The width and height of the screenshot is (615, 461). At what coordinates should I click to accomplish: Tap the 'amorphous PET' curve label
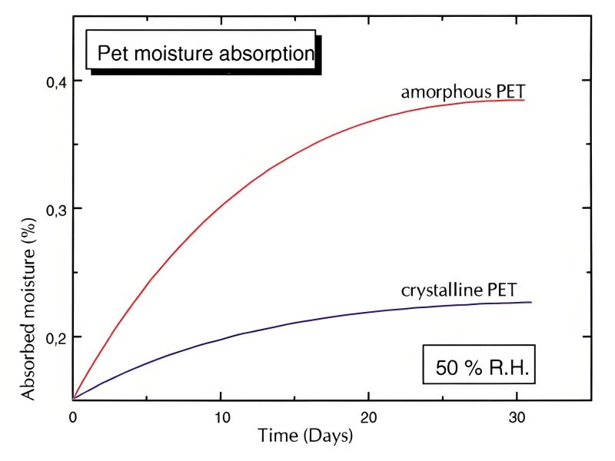click(x=462, y=92)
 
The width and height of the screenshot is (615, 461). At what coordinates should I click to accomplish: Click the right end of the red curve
click(x=524, y=100)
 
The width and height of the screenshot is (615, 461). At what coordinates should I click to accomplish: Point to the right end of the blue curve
click(x=531, y=302)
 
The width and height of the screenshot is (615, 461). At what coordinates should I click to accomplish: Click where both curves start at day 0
click(x=73, y=400)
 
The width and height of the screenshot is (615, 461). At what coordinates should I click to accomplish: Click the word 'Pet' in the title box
click(x=111, y=55)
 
